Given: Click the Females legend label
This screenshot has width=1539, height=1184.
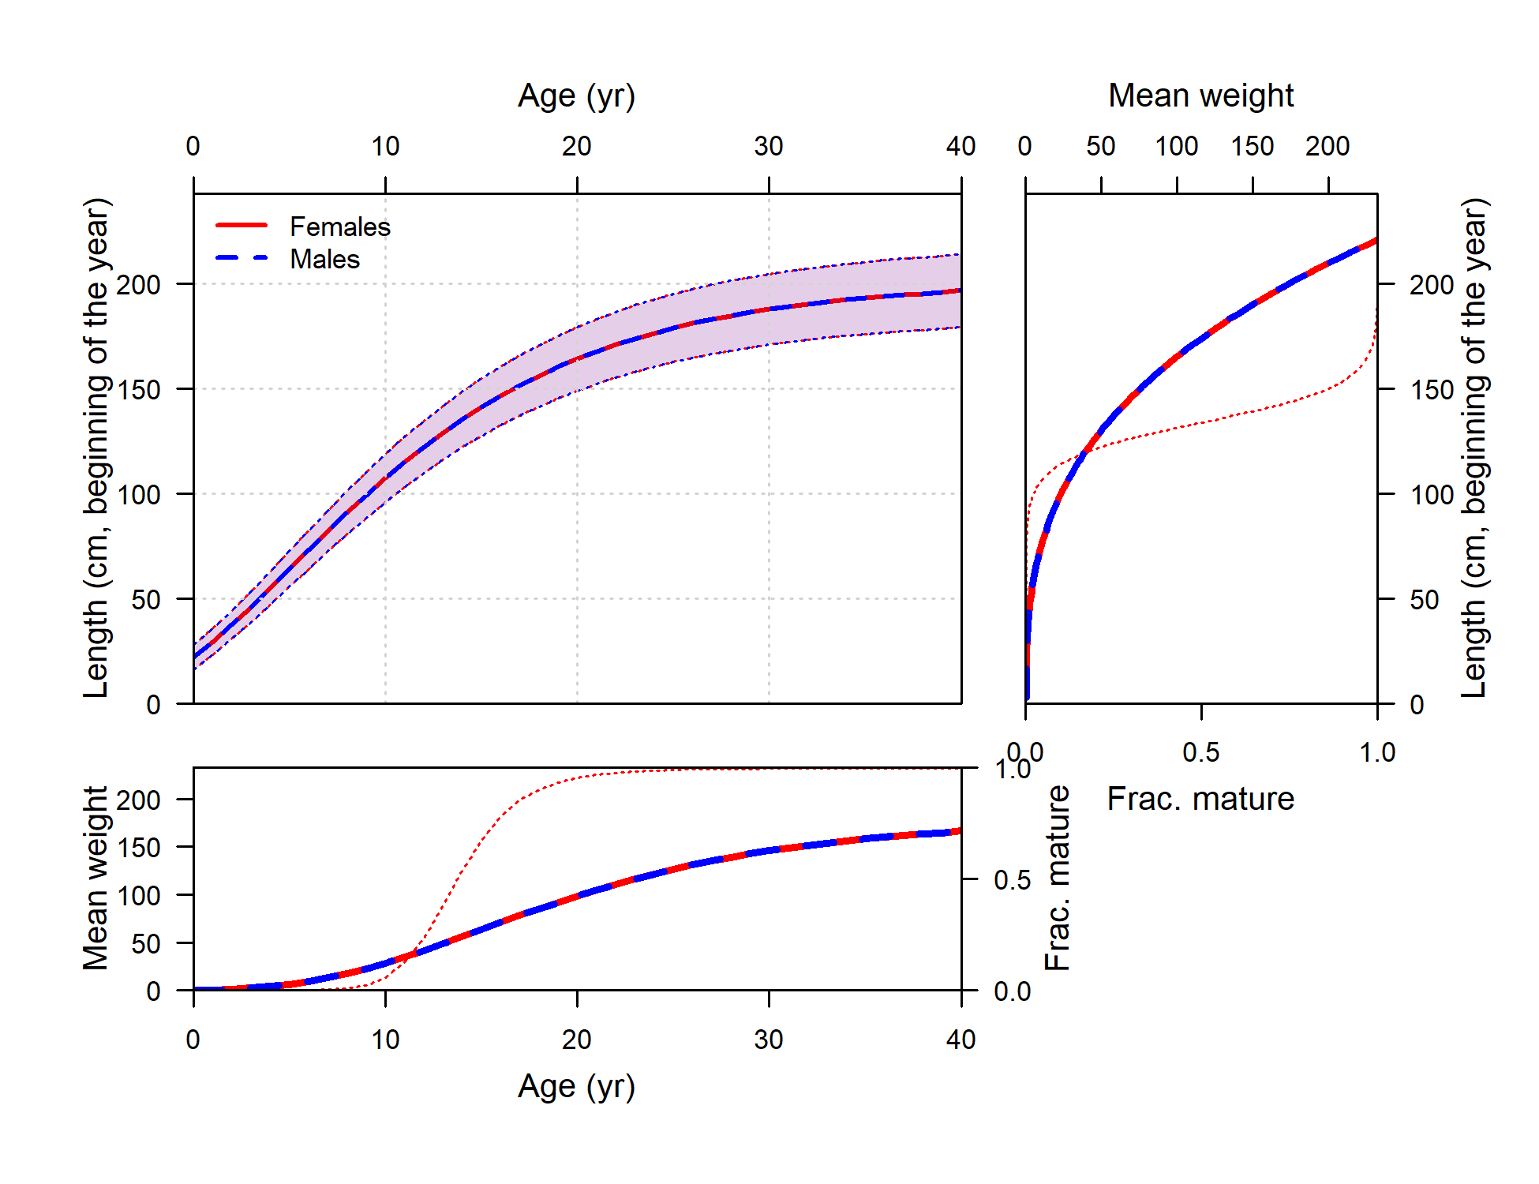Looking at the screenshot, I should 340,227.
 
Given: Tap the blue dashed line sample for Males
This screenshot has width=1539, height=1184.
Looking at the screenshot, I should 242,259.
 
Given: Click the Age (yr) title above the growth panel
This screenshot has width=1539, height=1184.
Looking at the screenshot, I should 576,96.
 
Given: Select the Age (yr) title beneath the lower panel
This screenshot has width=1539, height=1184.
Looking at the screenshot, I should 576,1087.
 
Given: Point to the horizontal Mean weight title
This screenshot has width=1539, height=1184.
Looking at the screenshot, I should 1200,96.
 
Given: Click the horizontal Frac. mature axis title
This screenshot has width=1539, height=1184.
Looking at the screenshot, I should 1200,799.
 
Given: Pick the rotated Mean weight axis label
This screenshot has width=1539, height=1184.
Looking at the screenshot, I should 95,878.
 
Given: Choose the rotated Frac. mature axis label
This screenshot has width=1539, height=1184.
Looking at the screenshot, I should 1058,878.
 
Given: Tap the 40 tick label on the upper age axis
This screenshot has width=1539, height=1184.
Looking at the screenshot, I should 960,146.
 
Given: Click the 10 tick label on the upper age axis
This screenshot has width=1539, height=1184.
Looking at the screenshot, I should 385,146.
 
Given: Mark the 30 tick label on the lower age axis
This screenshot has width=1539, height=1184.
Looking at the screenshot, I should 769,1040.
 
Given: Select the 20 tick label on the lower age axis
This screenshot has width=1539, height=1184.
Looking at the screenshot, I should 577,1040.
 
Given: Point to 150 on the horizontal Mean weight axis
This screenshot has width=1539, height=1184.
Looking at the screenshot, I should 1253,146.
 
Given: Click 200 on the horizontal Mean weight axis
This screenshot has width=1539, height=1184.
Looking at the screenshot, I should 1327,146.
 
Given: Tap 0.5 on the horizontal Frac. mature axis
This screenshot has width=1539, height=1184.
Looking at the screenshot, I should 1200,752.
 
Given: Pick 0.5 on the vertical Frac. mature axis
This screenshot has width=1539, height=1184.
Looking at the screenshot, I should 1012,880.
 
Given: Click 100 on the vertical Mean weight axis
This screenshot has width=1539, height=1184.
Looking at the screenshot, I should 138,896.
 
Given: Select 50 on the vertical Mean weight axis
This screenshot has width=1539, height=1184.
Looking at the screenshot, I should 146,944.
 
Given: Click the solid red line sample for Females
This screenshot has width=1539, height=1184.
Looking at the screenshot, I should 242,226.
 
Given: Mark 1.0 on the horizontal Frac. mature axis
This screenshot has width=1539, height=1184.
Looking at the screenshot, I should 1377,752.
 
